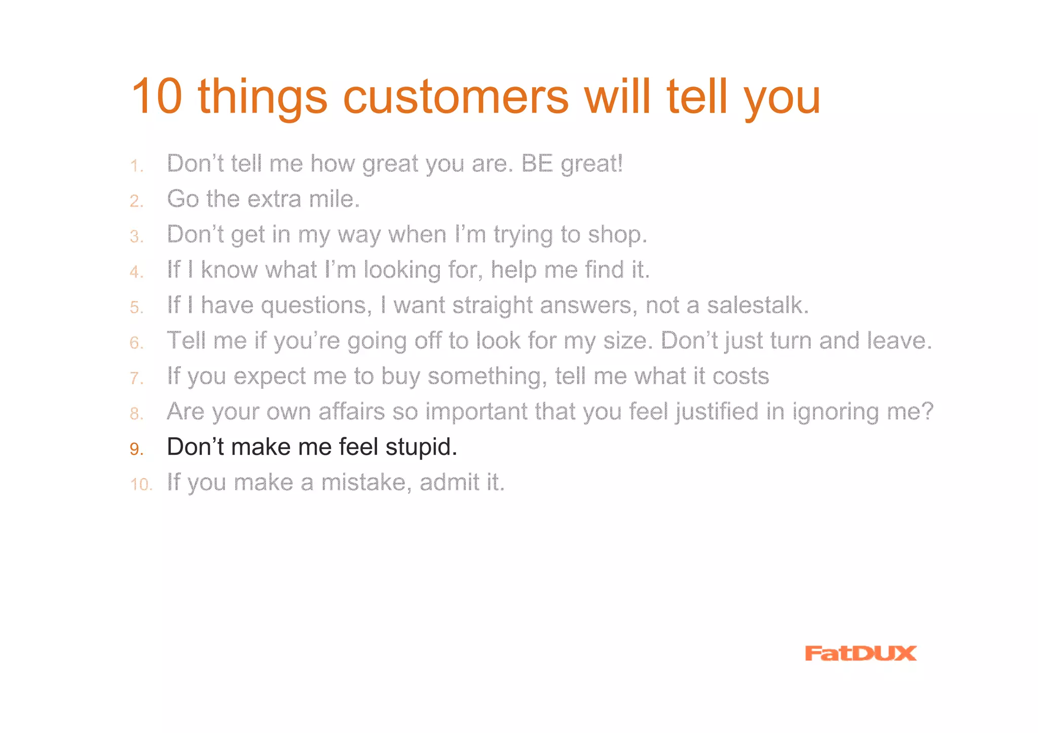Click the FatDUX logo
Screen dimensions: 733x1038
(860, 653)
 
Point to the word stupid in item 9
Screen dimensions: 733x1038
(421, 447)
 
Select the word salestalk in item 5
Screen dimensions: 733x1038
(757, 305)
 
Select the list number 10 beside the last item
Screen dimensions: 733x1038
(140, 485)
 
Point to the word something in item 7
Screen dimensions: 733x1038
(487, 377)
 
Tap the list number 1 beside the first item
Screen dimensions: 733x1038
(136, 166)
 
